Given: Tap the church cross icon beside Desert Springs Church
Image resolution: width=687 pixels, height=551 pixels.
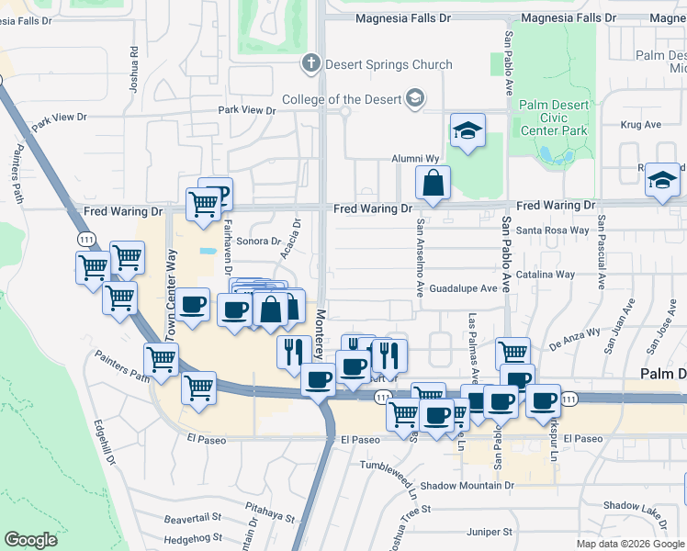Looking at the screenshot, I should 310,64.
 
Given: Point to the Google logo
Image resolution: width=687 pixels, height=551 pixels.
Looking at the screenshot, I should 30,540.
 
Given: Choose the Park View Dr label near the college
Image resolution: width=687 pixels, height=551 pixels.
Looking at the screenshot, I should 246,110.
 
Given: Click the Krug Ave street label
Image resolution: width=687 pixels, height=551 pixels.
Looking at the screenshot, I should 641,124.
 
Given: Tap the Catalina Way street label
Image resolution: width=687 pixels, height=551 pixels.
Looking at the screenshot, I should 545,274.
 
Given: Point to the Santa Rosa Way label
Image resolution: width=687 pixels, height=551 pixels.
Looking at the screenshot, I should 551,231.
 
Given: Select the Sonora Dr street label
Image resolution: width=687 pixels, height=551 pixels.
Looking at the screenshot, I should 258,241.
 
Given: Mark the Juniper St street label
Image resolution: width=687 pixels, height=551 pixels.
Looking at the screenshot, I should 489,532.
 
